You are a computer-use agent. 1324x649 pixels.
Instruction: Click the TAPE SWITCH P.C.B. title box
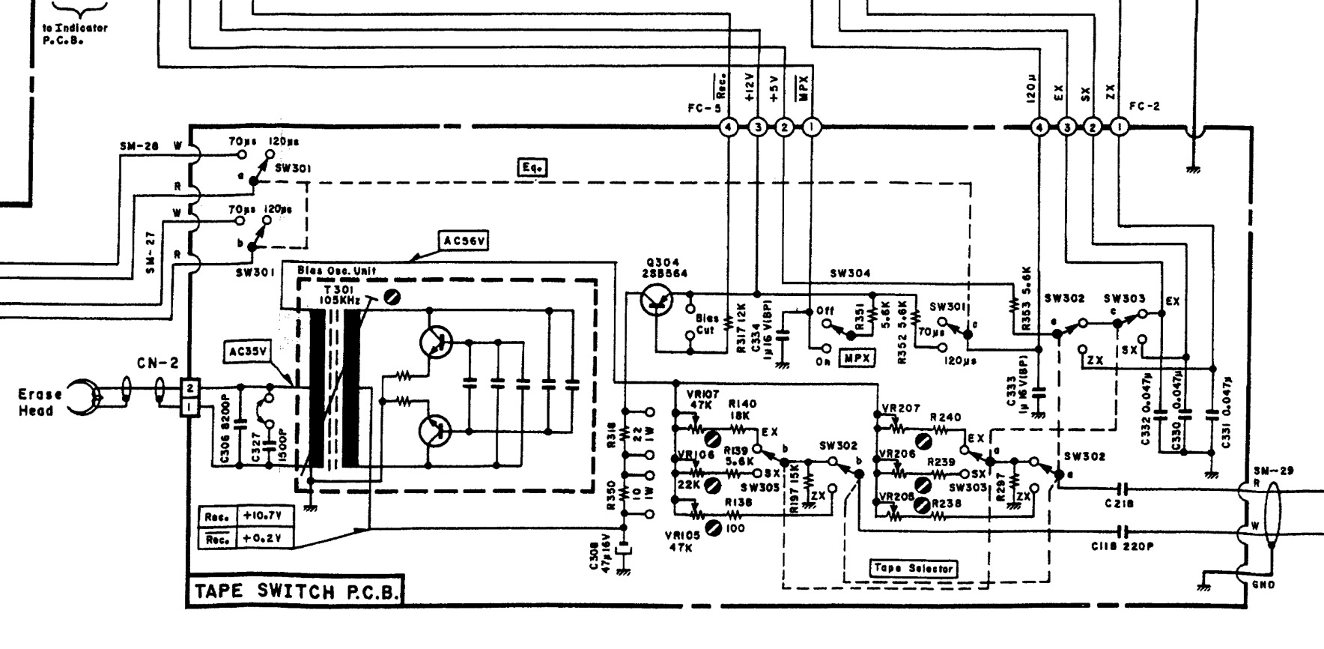point(294,591)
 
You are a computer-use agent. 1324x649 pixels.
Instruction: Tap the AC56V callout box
point(464,242)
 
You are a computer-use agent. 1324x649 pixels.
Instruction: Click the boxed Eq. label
point(532,168)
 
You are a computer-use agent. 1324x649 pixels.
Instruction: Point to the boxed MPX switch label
point(856,358)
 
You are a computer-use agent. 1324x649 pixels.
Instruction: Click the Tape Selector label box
point(914,568)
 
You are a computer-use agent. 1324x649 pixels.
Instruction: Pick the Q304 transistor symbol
point(658,303)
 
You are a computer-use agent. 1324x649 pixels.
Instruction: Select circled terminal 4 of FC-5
point(728,127)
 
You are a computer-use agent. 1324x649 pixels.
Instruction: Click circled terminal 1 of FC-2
point(1119,127)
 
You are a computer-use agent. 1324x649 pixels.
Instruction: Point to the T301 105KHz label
point(341,294)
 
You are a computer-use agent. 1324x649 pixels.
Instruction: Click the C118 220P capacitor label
point(1122,546)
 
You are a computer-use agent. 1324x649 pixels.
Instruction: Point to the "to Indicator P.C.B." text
point(74,34)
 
